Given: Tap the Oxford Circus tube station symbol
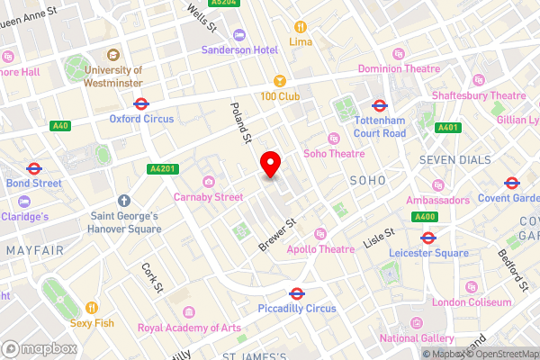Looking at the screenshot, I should point(140,103).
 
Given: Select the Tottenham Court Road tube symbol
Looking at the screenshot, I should point(379,105).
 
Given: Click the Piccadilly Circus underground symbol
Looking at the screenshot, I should point(295,293).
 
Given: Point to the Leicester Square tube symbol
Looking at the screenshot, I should point(429,238).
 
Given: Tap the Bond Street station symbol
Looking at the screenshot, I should point(34,168).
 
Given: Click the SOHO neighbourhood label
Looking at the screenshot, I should point(366,181).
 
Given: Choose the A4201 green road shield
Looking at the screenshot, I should point(160,168).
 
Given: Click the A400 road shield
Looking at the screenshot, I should point(426,217).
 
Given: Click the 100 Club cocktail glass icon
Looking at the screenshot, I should point(279,81).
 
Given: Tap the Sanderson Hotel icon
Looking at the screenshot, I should point(238,35).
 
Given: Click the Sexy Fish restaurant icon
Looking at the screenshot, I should point(90,307).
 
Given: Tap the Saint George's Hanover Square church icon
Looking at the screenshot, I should point(124,202).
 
